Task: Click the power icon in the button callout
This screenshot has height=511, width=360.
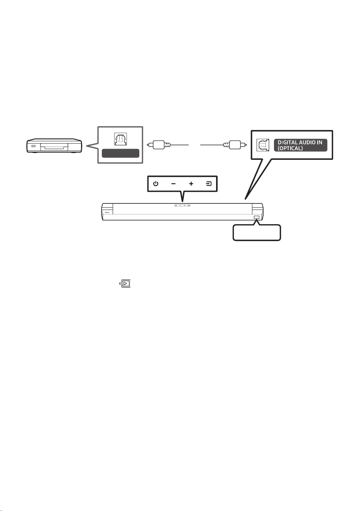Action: click(x=155, y=184)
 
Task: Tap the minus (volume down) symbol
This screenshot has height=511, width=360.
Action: click(x=173, y=184)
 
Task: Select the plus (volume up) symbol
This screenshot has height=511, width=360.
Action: click(x=191, y=184)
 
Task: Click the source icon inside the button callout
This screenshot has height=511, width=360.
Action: click(x=209, y=184)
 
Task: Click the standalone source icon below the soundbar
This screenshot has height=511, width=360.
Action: click(x=125, y=284)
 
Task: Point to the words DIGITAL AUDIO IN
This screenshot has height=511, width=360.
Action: click(x=300, y=142)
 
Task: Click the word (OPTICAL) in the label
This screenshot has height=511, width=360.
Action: click(x=290, y=148)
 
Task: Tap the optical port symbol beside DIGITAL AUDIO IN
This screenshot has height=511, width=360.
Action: click(x=263, y=145)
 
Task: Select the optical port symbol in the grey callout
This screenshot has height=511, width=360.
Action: click(x=120, y=139)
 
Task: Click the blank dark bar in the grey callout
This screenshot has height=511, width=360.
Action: click(x=120, y=153)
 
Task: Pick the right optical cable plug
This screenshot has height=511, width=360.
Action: click(x=235, y=145)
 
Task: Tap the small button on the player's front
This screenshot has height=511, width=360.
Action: click(x=34, y=146)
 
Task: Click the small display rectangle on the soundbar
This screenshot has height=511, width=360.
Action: click(x=256, y=217)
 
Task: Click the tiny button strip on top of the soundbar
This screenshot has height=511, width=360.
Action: click(x=183, y=205)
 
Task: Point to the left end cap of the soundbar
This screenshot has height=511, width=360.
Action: click(x=107, y=212)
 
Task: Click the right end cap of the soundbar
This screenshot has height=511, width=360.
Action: click(x=258, y=212)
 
